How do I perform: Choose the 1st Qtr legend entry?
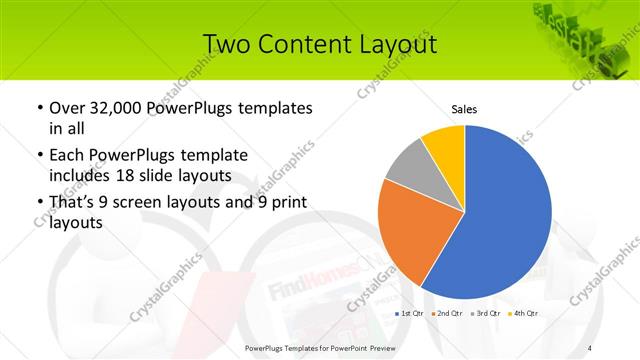[x=411, y=314]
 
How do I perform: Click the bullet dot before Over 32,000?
[x=39, y=108]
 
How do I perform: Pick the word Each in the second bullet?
[x=68, y=156]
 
